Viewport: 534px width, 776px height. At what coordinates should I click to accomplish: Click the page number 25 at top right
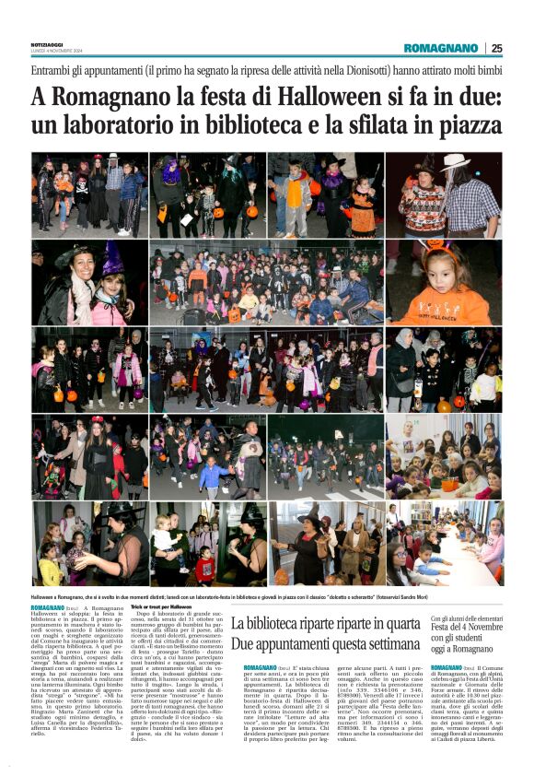(496, 48)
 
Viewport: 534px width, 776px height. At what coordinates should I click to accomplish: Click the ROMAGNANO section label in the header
(440, 48)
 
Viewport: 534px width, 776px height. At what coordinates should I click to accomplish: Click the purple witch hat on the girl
(113, 259)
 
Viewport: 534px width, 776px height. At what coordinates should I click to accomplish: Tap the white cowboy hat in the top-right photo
(455, 162)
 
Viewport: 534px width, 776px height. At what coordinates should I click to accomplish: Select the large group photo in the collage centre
(266, 283)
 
